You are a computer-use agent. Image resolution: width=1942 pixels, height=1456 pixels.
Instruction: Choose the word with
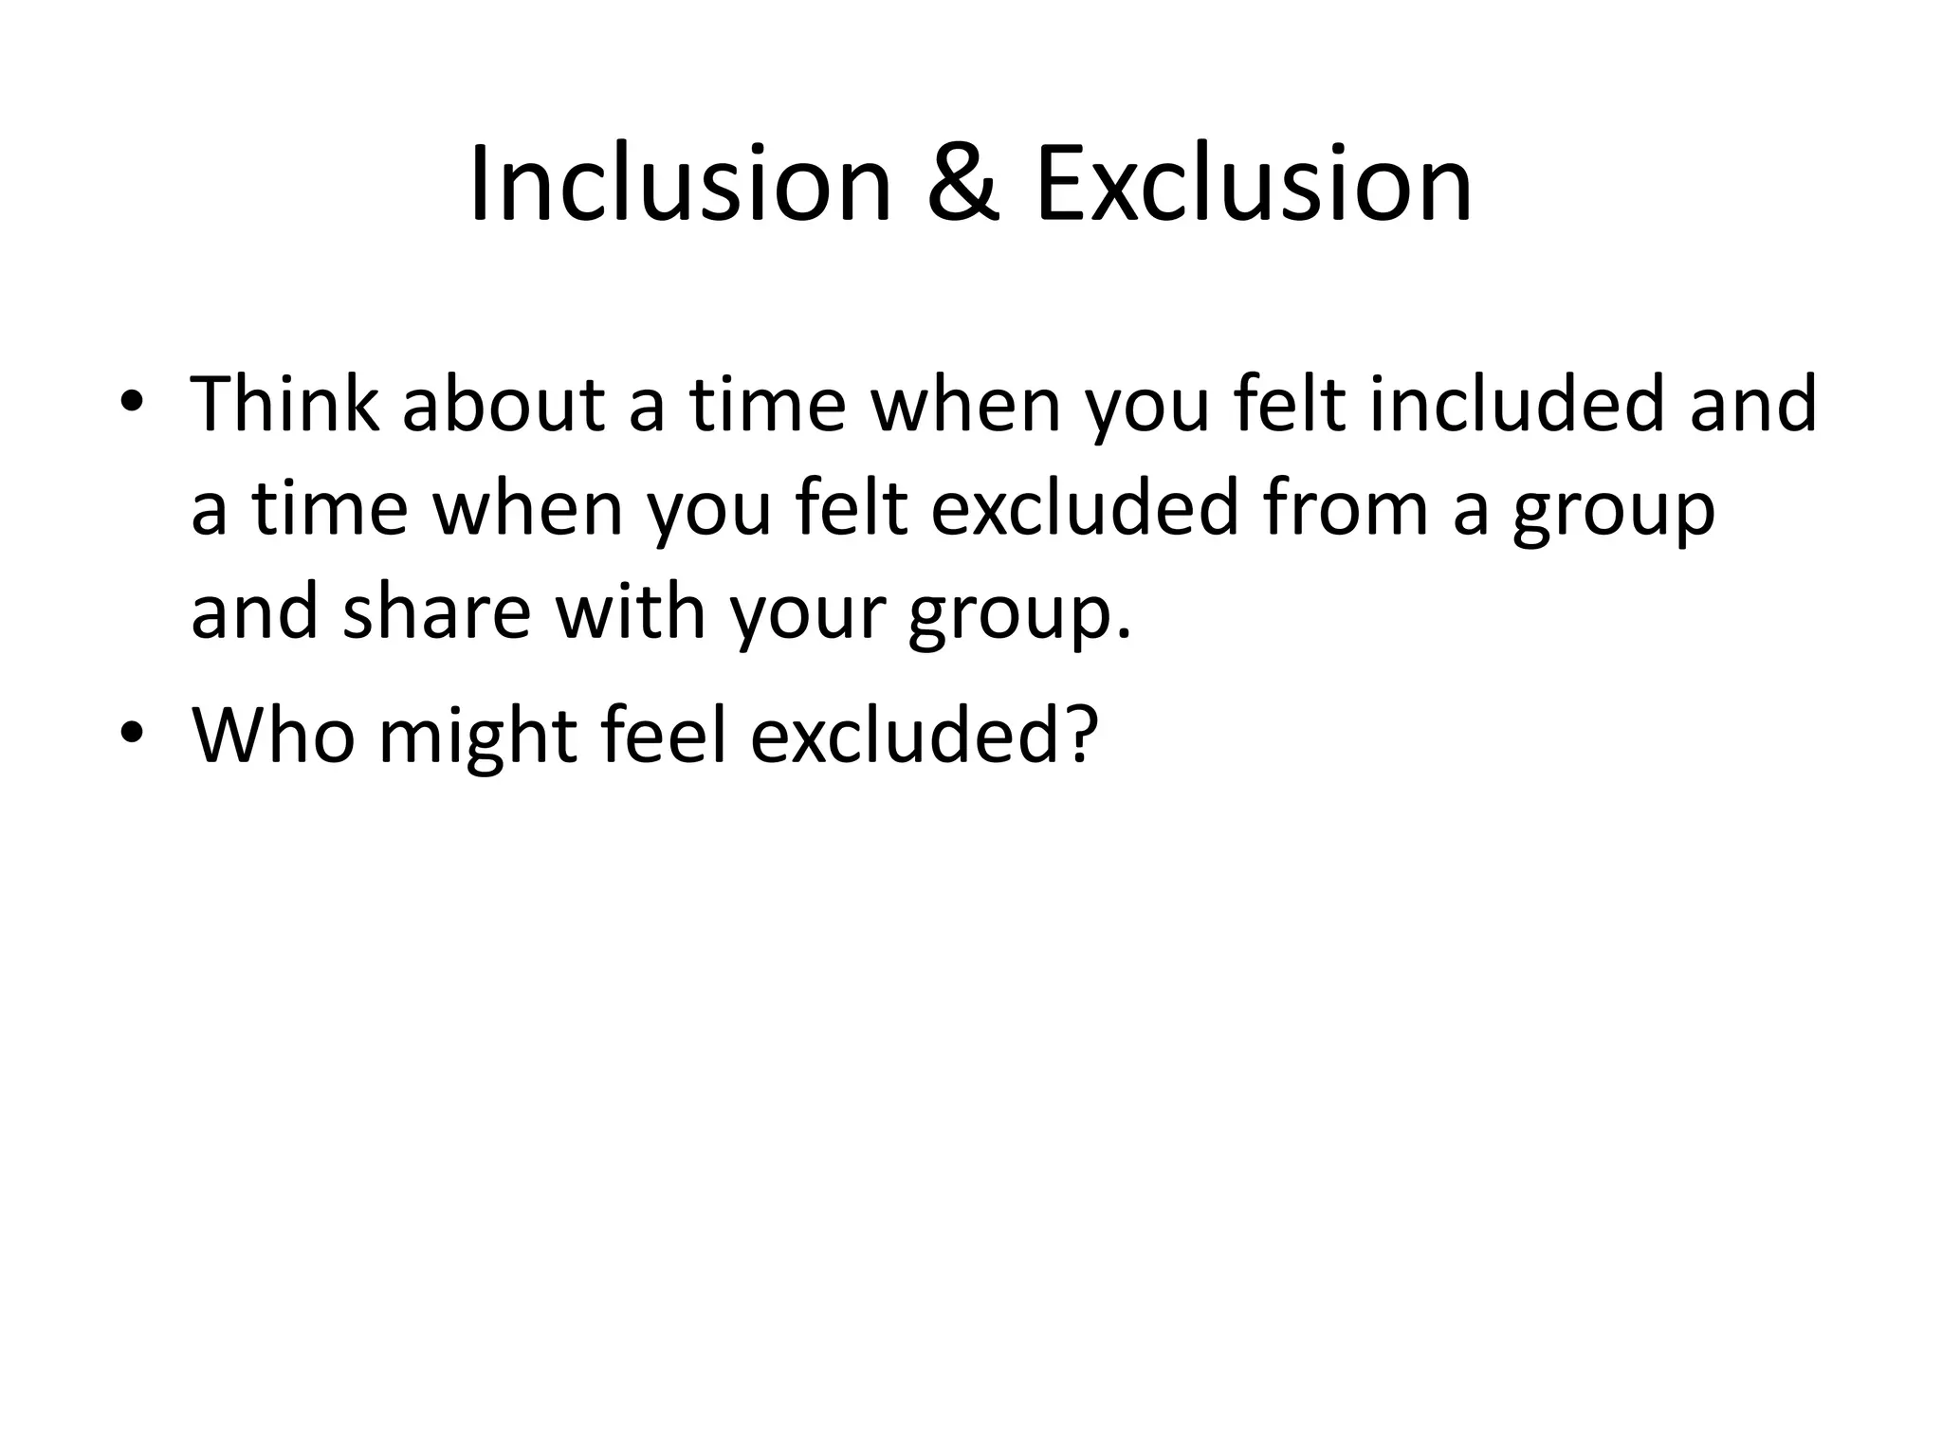click(x=630, y=612)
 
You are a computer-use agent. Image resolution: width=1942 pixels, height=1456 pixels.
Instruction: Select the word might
click(x=478, y=736)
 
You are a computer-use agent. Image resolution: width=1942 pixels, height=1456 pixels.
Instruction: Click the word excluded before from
click(x=1085, y=508)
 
